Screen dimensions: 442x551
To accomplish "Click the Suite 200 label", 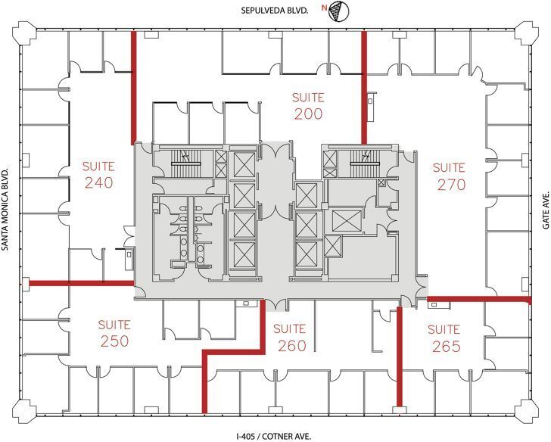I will [309, 106].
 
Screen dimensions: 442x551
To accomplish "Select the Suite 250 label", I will [114, 333].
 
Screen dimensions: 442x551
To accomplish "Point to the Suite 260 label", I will [289, 338].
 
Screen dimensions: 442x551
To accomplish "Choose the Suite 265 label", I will [444, 338].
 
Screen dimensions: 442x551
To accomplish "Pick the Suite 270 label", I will [450, 176].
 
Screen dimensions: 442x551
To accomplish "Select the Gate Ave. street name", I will [543, 204].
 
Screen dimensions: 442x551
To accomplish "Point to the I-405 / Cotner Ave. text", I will [274, 436].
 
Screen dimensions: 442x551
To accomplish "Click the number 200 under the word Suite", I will [309, 114].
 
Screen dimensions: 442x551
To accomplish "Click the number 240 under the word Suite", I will [98, 183].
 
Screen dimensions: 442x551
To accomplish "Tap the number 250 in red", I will [114, 341].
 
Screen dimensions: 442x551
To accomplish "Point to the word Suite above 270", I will [449, 167].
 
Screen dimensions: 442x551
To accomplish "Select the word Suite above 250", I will [114, 325].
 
